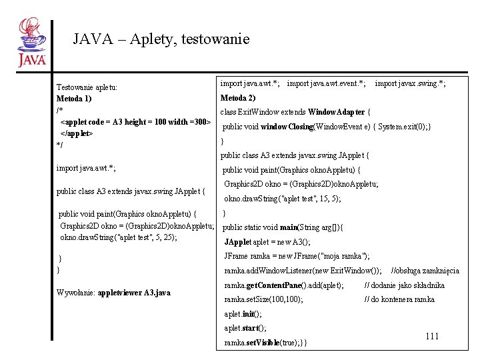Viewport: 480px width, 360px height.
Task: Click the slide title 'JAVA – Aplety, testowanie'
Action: pyautogui.click(x=161, y=39)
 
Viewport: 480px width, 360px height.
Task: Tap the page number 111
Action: pyautogui.click(x=432, y=336)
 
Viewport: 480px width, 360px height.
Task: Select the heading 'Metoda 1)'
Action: pyautogui.click(x=74, y=99)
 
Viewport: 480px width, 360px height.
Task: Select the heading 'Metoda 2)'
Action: pyautogui.click(x=238, y=97)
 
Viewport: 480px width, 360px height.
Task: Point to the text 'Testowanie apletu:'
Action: pyautogui.click(x=87, y=87)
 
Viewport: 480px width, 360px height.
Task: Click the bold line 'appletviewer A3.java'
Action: pyautogui.click(x=134, y=293)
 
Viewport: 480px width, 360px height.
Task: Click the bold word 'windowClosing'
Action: pyautogui.click(x=287, y=127)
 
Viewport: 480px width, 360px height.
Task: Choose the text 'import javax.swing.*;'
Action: pyautogui.click(x=410, y=83)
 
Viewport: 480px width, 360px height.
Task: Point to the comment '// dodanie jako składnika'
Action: pyautogui.click(x=404, y=285)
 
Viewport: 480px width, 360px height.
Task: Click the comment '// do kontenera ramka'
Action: pyautogui.click(x=399, y=299)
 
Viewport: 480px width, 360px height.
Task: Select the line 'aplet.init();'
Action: pyautogui.click(x=243, y=314)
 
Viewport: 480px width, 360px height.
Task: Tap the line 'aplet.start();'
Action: pyautogui.click(x=245, y=328)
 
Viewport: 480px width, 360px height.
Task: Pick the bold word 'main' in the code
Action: pyautogui.click(x=288, y=227)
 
